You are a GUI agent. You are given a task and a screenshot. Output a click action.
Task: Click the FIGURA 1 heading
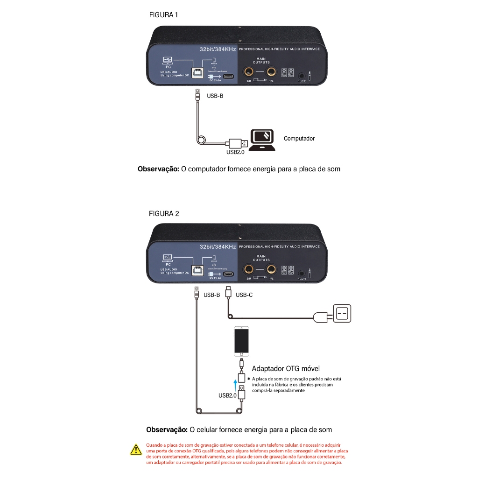[x=163, y=15]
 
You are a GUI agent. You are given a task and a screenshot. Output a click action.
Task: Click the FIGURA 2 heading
[x=164, y=214]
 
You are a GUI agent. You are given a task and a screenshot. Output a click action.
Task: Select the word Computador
[x=299, y=139]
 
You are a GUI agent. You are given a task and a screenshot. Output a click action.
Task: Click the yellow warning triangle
[x=136, y=450]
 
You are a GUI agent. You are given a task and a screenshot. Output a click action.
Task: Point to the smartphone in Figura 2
[x=241, y=341]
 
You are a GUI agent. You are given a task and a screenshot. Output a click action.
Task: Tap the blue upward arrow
[x=235, y=384]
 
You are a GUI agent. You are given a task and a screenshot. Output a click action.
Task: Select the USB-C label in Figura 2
[x=244, y=295]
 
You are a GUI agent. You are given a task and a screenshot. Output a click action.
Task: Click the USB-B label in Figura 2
[x=211, y=295]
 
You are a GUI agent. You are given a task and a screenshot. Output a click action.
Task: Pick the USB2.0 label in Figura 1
[x=236, y=152]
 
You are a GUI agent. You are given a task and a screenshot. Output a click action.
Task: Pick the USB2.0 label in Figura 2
[x=227, y=396]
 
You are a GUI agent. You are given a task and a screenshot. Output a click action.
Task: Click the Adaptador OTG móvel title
[x=286, y=369]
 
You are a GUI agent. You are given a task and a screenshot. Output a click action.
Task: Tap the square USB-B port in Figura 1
[x=198, y=73]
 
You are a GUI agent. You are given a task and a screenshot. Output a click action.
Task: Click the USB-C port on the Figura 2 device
[x=229, y=273]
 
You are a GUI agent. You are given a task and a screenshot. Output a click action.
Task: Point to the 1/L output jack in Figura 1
[x=271, y=72]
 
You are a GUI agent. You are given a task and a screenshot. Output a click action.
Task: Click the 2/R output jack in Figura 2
[x=249, y=269]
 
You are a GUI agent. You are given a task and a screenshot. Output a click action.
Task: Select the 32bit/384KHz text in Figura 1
[x=218, y=49]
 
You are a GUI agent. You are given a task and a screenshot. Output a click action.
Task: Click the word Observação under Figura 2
[x=167, y=429]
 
